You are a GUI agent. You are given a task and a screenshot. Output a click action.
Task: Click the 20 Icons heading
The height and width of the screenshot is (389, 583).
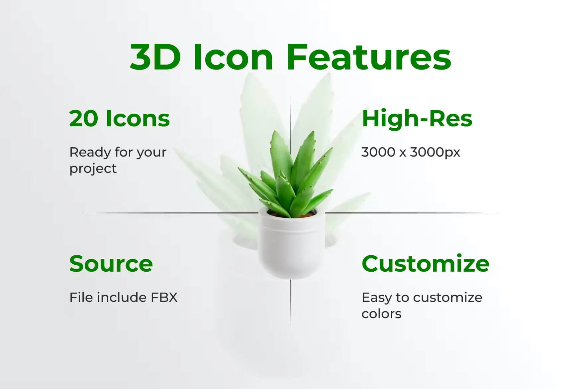[x=120, y=119]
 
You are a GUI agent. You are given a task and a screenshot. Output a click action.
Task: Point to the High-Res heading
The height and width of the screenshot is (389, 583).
[x=417, y=119]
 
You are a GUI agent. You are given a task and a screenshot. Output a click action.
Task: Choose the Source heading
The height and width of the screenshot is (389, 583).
[x=111, y=264]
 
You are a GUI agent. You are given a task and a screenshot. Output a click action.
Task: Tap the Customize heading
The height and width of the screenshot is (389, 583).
[x=426, y=264]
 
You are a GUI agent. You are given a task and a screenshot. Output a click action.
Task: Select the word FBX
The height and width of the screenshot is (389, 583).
[x=164, y=297]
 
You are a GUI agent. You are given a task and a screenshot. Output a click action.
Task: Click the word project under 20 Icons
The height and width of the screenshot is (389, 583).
[x=93, y=169]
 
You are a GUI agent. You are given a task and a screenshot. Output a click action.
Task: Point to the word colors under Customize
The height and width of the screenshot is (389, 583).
[x=381, y=314]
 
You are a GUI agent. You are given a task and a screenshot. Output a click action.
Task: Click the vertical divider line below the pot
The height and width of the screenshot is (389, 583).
[x=291, y=304]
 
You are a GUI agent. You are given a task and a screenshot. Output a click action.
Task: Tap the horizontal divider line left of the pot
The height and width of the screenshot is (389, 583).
[x=170, y=213]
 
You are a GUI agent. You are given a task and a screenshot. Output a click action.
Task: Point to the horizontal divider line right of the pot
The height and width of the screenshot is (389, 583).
[x=412, y=213]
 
